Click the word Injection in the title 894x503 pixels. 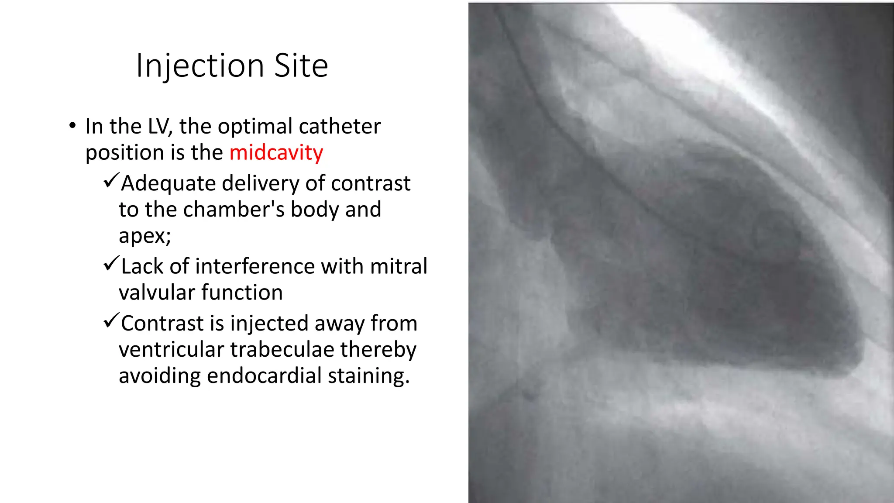pyautogui.click(x=200, y=66)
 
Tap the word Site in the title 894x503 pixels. pyautogui.click(x=301, y=66)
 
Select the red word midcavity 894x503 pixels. pyautogui.click(x=276, y=152)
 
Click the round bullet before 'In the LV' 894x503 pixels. pyautogui.click(x=72, y=126)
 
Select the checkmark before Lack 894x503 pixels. pyautogui.click(x=111, y=263)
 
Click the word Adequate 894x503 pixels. pyautogui.click(x=168, y=183)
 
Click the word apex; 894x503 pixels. pyautogui.click(x=144, y=236)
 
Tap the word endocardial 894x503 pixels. pyautogui.click(x=264, y=376)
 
